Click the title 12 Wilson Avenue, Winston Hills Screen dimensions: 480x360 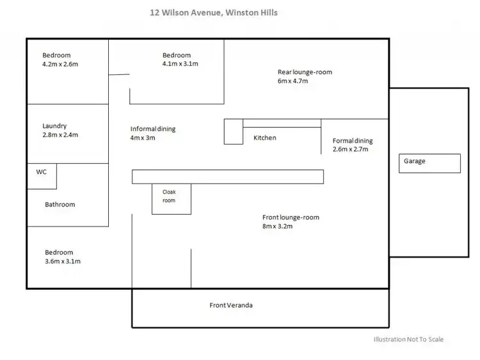tap(214, 13)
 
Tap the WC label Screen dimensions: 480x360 tap(42, 172)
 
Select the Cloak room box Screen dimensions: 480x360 tap(172, 199)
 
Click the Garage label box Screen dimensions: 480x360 tap(429, 163)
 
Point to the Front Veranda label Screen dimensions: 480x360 tap(231, 305)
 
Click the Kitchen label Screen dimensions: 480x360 tap(265, 138)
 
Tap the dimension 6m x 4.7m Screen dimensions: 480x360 tap(292, 81)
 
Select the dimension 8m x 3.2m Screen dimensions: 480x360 tap(277, 226)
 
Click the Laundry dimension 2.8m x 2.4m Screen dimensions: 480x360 tap(60, 135)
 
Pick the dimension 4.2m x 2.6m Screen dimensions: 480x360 tap(60, 64)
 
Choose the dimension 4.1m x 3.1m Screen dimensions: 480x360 tap(180, 64)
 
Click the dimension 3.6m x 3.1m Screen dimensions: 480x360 tap(63, 262)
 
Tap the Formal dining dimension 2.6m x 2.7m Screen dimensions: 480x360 tap(351, 149)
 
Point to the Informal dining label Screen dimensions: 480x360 tap(153, 129)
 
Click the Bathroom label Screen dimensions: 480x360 tap(60, 205)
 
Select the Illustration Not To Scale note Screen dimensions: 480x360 tap(408, 339)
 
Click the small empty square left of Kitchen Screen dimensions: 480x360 tap(234, 132)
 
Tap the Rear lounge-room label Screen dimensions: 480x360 tap(305, 72)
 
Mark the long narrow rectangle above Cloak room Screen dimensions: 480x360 tap(228, 176)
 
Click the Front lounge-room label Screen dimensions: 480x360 tap(291, 217)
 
